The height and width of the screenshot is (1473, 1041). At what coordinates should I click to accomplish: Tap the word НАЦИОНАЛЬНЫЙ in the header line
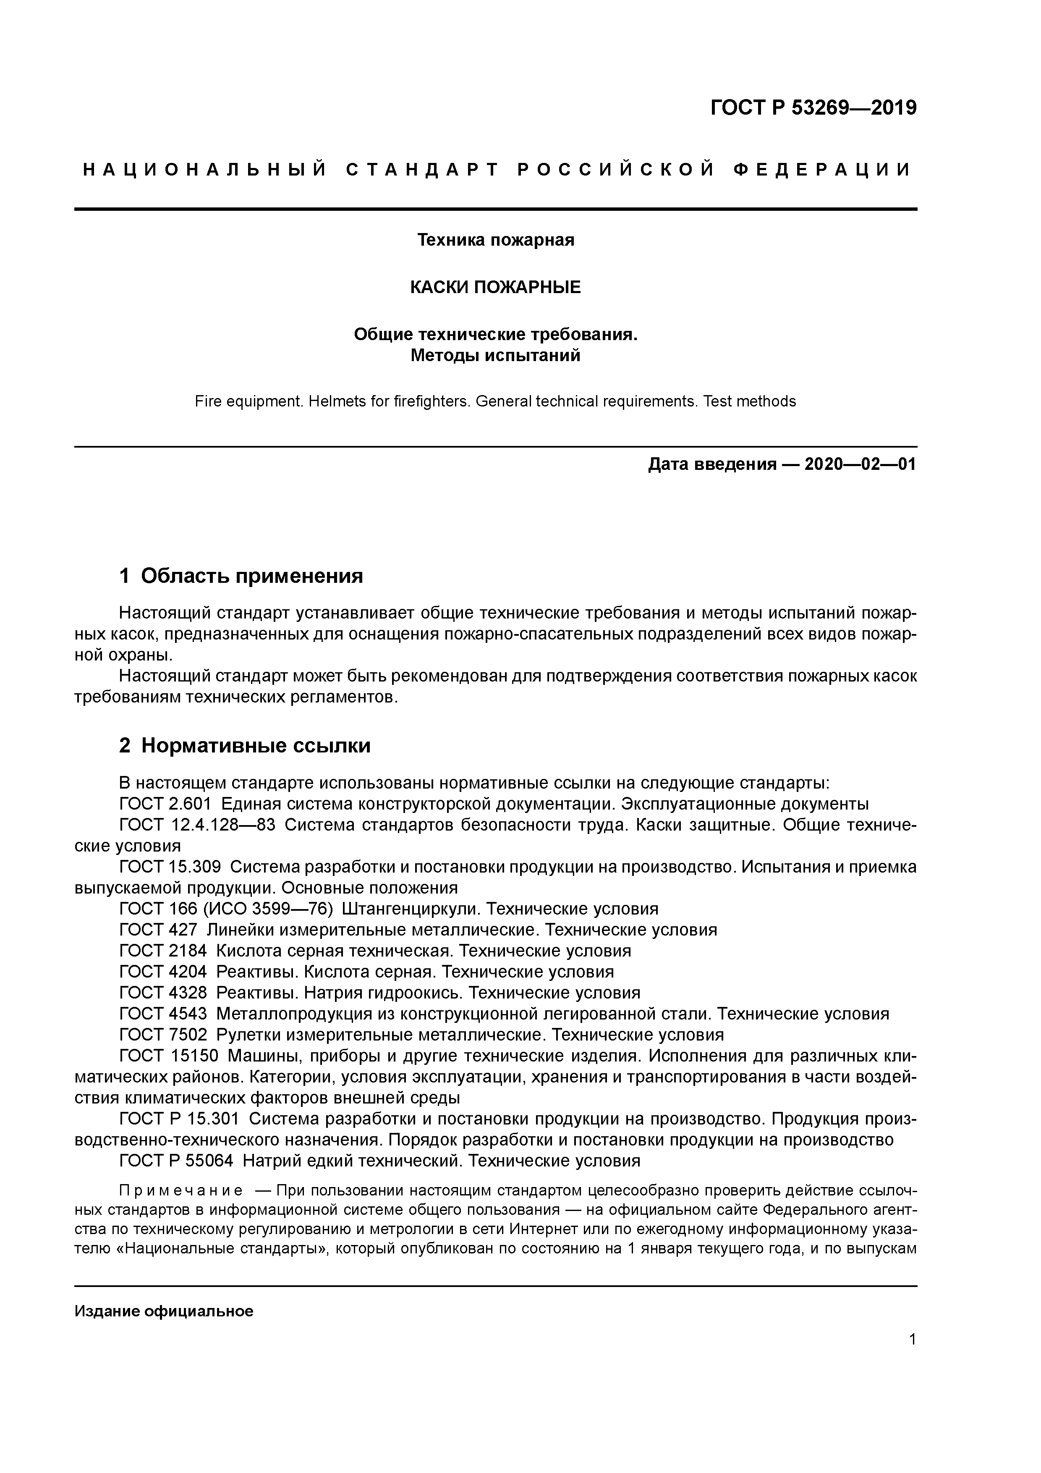[x=205, y=170]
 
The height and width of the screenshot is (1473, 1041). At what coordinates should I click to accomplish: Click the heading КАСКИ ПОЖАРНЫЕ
[x=495, y=287]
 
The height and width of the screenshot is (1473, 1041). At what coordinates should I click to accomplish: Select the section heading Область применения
[x=251, y=576]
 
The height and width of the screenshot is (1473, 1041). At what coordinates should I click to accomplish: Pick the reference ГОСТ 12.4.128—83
[x=197, y=825]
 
